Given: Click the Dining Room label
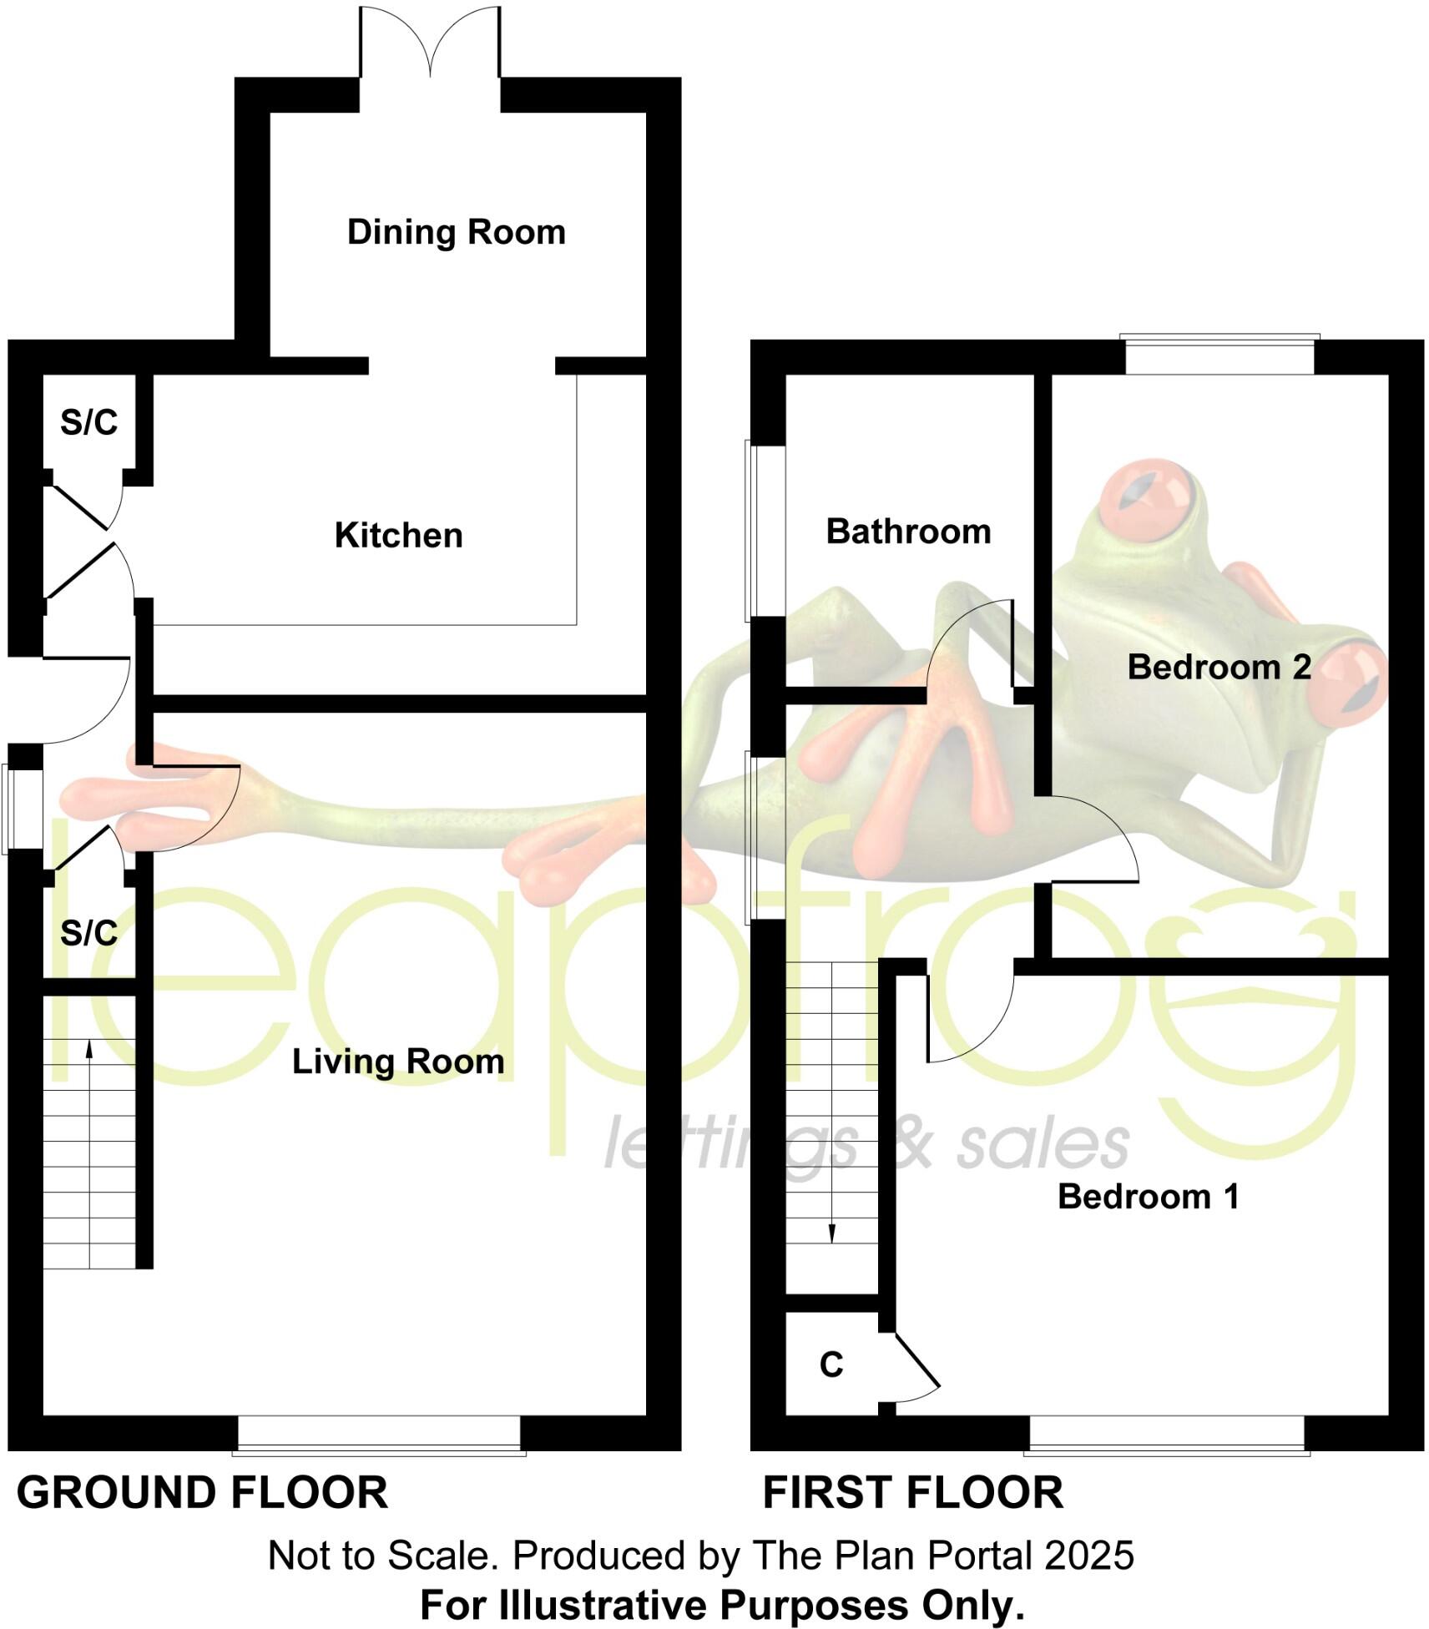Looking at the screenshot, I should click(456, 232).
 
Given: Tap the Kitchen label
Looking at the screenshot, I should click(398, 536).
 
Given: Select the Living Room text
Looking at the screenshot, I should click(398, 1062).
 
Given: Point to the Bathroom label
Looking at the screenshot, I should click(908, 532).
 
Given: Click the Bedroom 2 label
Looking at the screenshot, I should click(1219, 667).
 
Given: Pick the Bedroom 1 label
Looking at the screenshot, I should click(1148, 1197).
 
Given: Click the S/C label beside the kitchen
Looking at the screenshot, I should click(88, 423).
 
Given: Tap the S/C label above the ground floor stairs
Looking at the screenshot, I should click(88, 933).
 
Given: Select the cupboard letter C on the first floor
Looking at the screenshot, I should click(831, 1365).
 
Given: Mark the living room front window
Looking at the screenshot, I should click(379, 1434).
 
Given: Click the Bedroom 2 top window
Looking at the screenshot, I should click(1219, 355).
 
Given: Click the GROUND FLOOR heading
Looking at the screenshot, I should click(202, 1493).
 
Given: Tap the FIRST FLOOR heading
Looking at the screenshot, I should click(912, 1493).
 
